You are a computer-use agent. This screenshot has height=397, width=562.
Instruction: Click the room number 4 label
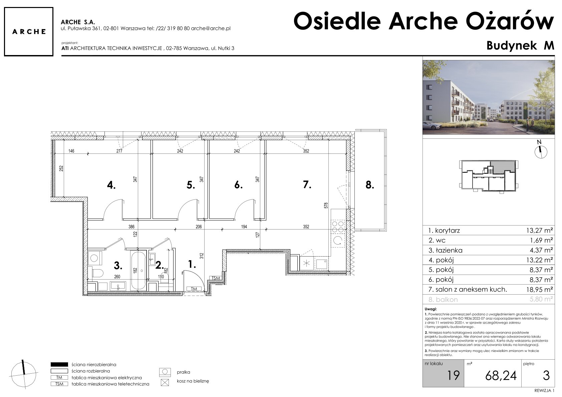[111, 185]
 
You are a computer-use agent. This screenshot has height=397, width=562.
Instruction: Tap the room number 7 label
[307, 184]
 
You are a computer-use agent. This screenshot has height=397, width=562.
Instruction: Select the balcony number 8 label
[370, 185]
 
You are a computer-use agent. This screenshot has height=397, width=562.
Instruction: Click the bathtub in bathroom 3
[138, 271]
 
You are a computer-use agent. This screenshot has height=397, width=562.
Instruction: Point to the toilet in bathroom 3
[97, 273]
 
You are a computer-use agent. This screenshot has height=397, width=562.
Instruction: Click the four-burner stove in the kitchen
[338, 227]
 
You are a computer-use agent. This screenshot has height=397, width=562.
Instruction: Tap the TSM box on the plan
[216, 278]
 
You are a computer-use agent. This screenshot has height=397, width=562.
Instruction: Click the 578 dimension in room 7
[326, 206]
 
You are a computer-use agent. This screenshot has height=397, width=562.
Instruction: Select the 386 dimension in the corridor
[131, 227]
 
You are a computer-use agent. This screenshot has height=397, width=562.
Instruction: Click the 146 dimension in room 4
[71, 151]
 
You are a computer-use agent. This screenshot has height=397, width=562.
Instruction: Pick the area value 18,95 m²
[540, 290]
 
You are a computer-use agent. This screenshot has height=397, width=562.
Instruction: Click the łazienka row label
[445, 250]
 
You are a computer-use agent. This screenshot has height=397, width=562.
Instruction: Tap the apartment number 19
[453, 376]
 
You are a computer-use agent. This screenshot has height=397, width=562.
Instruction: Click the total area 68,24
[501, 376]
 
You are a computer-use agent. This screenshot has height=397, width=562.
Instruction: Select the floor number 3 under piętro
[546, 376]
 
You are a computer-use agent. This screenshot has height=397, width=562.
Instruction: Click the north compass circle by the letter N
[541, 152]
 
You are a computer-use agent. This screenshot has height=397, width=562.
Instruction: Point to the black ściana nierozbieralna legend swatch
[59, 364]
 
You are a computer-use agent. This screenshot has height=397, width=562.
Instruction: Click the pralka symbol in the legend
[165, 372]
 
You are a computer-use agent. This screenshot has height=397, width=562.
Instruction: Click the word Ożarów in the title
[510, 21]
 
